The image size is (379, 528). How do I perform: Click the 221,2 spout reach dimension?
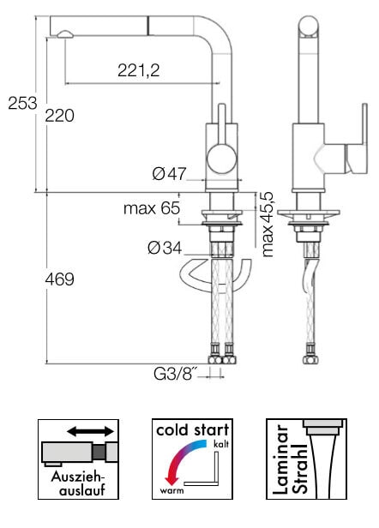pyautogui.click(x=138, y=70)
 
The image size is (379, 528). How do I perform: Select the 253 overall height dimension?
pyautogui.click(x=22, y=103)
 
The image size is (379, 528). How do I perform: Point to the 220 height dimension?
pyautogui.click(x=60, y=116)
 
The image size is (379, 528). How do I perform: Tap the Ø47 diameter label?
pyautogui.click(x=169, y=174)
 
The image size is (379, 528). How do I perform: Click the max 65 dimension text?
pyautogui.click(x=152, y=208)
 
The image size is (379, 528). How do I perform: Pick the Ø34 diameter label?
pyautogui.click(x=165, y=249)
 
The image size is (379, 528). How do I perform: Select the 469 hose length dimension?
pyautogui.click(x=60, y=279)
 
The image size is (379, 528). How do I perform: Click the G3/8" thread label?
pyautogui.click(x=175, y=374)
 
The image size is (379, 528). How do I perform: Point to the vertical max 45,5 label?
pyautogui.click(x=268, y=225)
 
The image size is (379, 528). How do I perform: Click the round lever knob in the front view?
pyautogui.click(x=221, y=159)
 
